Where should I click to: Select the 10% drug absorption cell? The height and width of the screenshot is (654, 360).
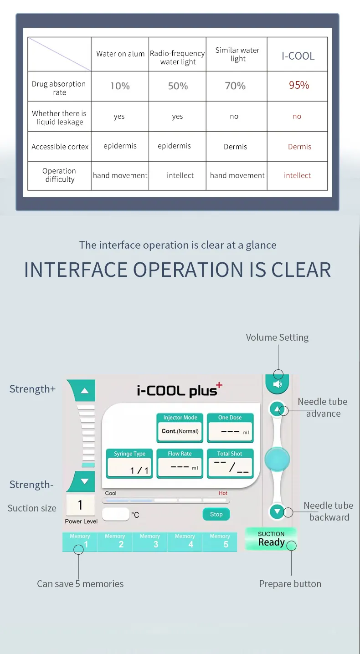(x=120, y=86)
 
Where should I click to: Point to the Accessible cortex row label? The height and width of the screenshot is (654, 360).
(x=60, y=147)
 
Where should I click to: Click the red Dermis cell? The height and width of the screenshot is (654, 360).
(x=299, y=147)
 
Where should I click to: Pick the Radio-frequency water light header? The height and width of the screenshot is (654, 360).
(x=177, y=57)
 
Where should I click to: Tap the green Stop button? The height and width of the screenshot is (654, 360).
(x=216, y=514)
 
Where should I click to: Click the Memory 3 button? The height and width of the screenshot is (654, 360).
(x=149, y=541)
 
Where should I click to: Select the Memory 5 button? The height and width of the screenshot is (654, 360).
(x=220, y=541)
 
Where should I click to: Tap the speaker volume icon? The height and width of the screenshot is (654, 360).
(x=278, y=384)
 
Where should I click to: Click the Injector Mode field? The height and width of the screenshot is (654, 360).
(x=180, y=428)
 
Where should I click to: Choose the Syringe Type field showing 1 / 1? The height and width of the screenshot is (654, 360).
(x=129, y=464)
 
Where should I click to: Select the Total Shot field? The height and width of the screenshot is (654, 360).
(x=230, y=464)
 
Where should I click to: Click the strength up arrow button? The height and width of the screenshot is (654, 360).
(x=82, y=390)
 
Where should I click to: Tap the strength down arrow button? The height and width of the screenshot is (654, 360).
(x=82, y=481)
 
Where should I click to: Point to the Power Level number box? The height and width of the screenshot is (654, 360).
(x=80, y=505)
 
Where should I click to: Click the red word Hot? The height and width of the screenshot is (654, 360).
(x=223, y=493)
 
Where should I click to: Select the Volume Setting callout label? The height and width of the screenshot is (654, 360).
(x=277, y=337)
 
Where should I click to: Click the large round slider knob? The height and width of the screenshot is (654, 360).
(x=277, y=459)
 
